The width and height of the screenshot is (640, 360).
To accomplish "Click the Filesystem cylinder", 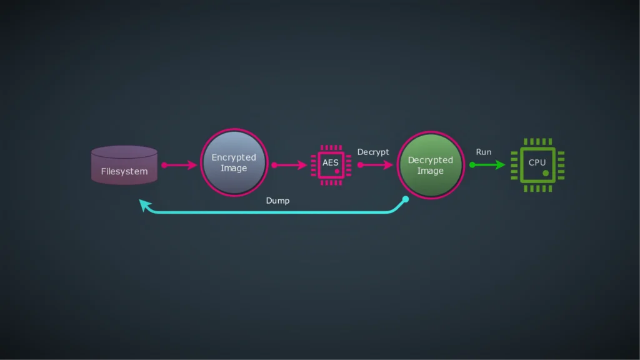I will click(124, 165).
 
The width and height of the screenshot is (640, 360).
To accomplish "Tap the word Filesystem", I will click(124, 171).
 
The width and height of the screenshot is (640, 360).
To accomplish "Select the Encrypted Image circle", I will click(234, 163).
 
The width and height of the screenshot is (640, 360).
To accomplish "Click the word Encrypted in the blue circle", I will click(234, 157).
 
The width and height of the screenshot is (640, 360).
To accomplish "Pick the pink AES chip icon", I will click(331, 165).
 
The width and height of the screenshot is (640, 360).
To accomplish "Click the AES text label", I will click(330, 162).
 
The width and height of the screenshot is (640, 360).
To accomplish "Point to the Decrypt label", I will click(373, 152).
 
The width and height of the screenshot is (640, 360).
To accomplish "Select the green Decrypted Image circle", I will click(431, 166).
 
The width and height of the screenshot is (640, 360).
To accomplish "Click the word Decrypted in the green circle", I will click(431, 160).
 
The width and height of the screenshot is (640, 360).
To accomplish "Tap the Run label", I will click(484, 152).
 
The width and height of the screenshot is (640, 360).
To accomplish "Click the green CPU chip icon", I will click(537, 165).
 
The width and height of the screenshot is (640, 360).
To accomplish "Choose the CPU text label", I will click(537, 162).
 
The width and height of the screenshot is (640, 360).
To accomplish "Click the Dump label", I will click(277, 201).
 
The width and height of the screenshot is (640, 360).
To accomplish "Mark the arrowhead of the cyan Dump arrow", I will click(145, 205).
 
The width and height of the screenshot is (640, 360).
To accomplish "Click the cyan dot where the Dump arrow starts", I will click(405, 199).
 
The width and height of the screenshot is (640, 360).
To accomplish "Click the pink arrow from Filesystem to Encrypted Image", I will click(181, 165).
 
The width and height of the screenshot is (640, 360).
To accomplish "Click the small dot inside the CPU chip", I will click(545, 172).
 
